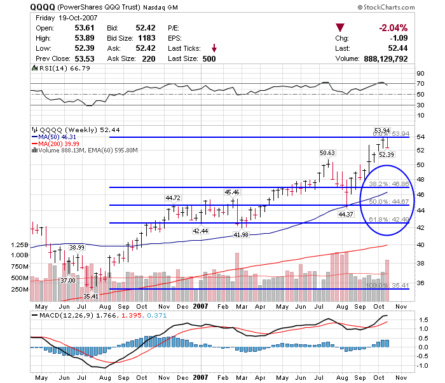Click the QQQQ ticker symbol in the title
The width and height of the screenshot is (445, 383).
tap(42, 8)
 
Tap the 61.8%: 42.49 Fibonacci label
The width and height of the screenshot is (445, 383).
tap(388, 219)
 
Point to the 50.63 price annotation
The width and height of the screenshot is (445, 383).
tap(327, 153)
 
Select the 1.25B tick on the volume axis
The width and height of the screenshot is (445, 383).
tap(19, 245)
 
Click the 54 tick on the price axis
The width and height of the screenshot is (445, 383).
tap(420, 137)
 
